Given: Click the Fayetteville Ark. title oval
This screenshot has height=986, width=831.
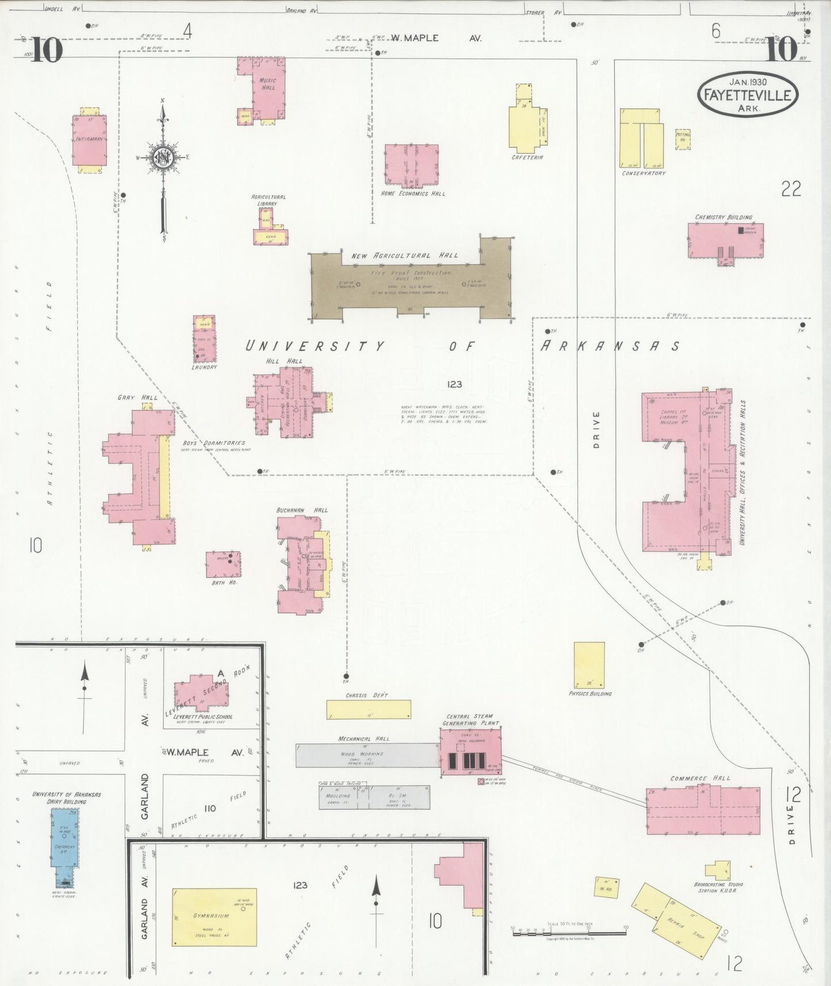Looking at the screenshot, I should pyautogui.click(x=748, y=94).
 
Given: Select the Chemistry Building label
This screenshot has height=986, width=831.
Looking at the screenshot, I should pyautogui.click(x=723, y=217).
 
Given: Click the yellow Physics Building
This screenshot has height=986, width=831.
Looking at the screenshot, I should pyautogui.click(x=589, y=665).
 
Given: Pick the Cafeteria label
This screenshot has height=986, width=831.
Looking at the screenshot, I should pyautogui.click(x=527, y=157).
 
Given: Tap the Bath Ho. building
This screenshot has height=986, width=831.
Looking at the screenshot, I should pyautogui.click(x=224, y=564).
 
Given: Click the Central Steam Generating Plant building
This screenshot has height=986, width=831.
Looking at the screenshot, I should pyautogui.click(x=470, y=752).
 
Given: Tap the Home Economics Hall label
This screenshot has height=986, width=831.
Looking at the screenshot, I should pyautogui.click(x=413, y=194).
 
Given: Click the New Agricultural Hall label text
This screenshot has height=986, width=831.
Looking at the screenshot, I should pyautogui.click(x=405, y=255).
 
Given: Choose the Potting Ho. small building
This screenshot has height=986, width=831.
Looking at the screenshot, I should pyautogui.click(x=683, y=139).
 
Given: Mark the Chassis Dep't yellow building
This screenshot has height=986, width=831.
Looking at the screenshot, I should pyautogui.click(x=369, y=709).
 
